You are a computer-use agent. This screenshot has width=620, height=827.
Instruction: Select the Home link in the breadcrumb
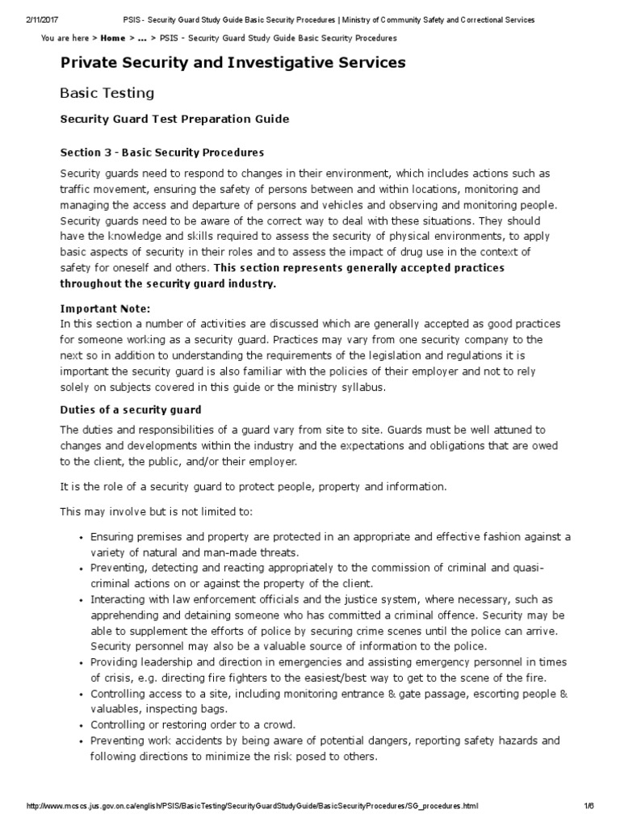coord(112,38)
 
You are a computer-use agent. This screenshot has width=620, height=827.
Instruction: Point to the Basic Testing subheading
coord(107,94)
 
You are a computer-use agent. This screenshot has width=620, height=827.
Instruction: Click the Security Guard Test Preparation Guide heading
coord(174,120)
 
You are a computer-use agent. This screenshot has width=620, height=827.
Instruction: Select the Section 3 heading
coord(162,153)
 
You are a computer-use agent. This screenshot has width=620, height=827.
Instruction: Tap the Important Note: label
coord(105,309)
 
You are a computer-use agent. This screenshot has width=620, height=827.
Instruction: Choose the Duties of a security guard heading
coord(131,410)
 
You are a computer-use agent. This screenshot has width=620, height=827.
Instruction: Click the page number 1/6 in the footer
coord(589,807)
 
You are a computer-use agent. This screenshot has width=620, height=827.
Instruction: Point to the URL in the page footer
coord(253,807)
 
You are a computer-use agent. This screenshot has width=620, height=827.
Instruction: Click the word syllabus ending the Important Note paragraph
coord(365,388)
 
